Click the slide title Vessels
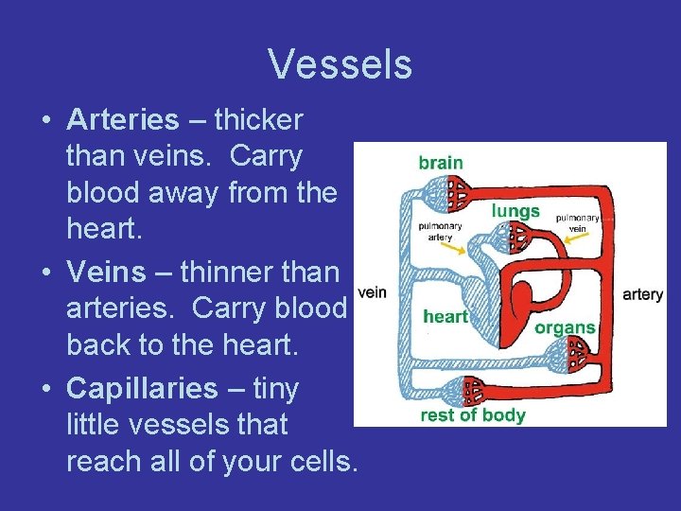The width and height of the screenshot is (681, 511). [340, 64]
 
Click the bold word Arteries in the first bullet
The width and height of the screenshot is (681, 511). [122, 120]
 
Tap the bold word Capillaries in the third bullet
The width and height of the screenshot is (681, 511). [142, 389]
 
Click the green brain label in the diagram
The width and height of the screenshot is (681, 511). [441, 162]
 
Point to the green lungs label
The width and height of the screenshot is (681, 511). [515, 210]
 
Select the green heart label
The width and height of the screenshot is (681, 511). [445, 316]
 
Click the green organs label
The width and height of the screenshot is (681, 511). [565, 327]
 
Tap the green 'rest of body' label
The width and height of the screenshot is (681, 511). [473, 415]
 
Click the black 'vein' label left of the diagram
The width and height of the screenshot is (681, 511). [372, 292]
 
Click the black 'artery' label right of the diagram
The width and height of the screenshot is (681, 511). [642, 294]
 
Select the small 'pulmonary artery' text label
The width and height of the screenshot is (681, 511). [440, 232]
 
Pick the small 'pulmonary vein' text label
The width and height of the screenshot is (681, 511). [578, 222]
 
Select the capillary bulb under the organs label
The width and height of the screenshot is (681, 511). [567, 358]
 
